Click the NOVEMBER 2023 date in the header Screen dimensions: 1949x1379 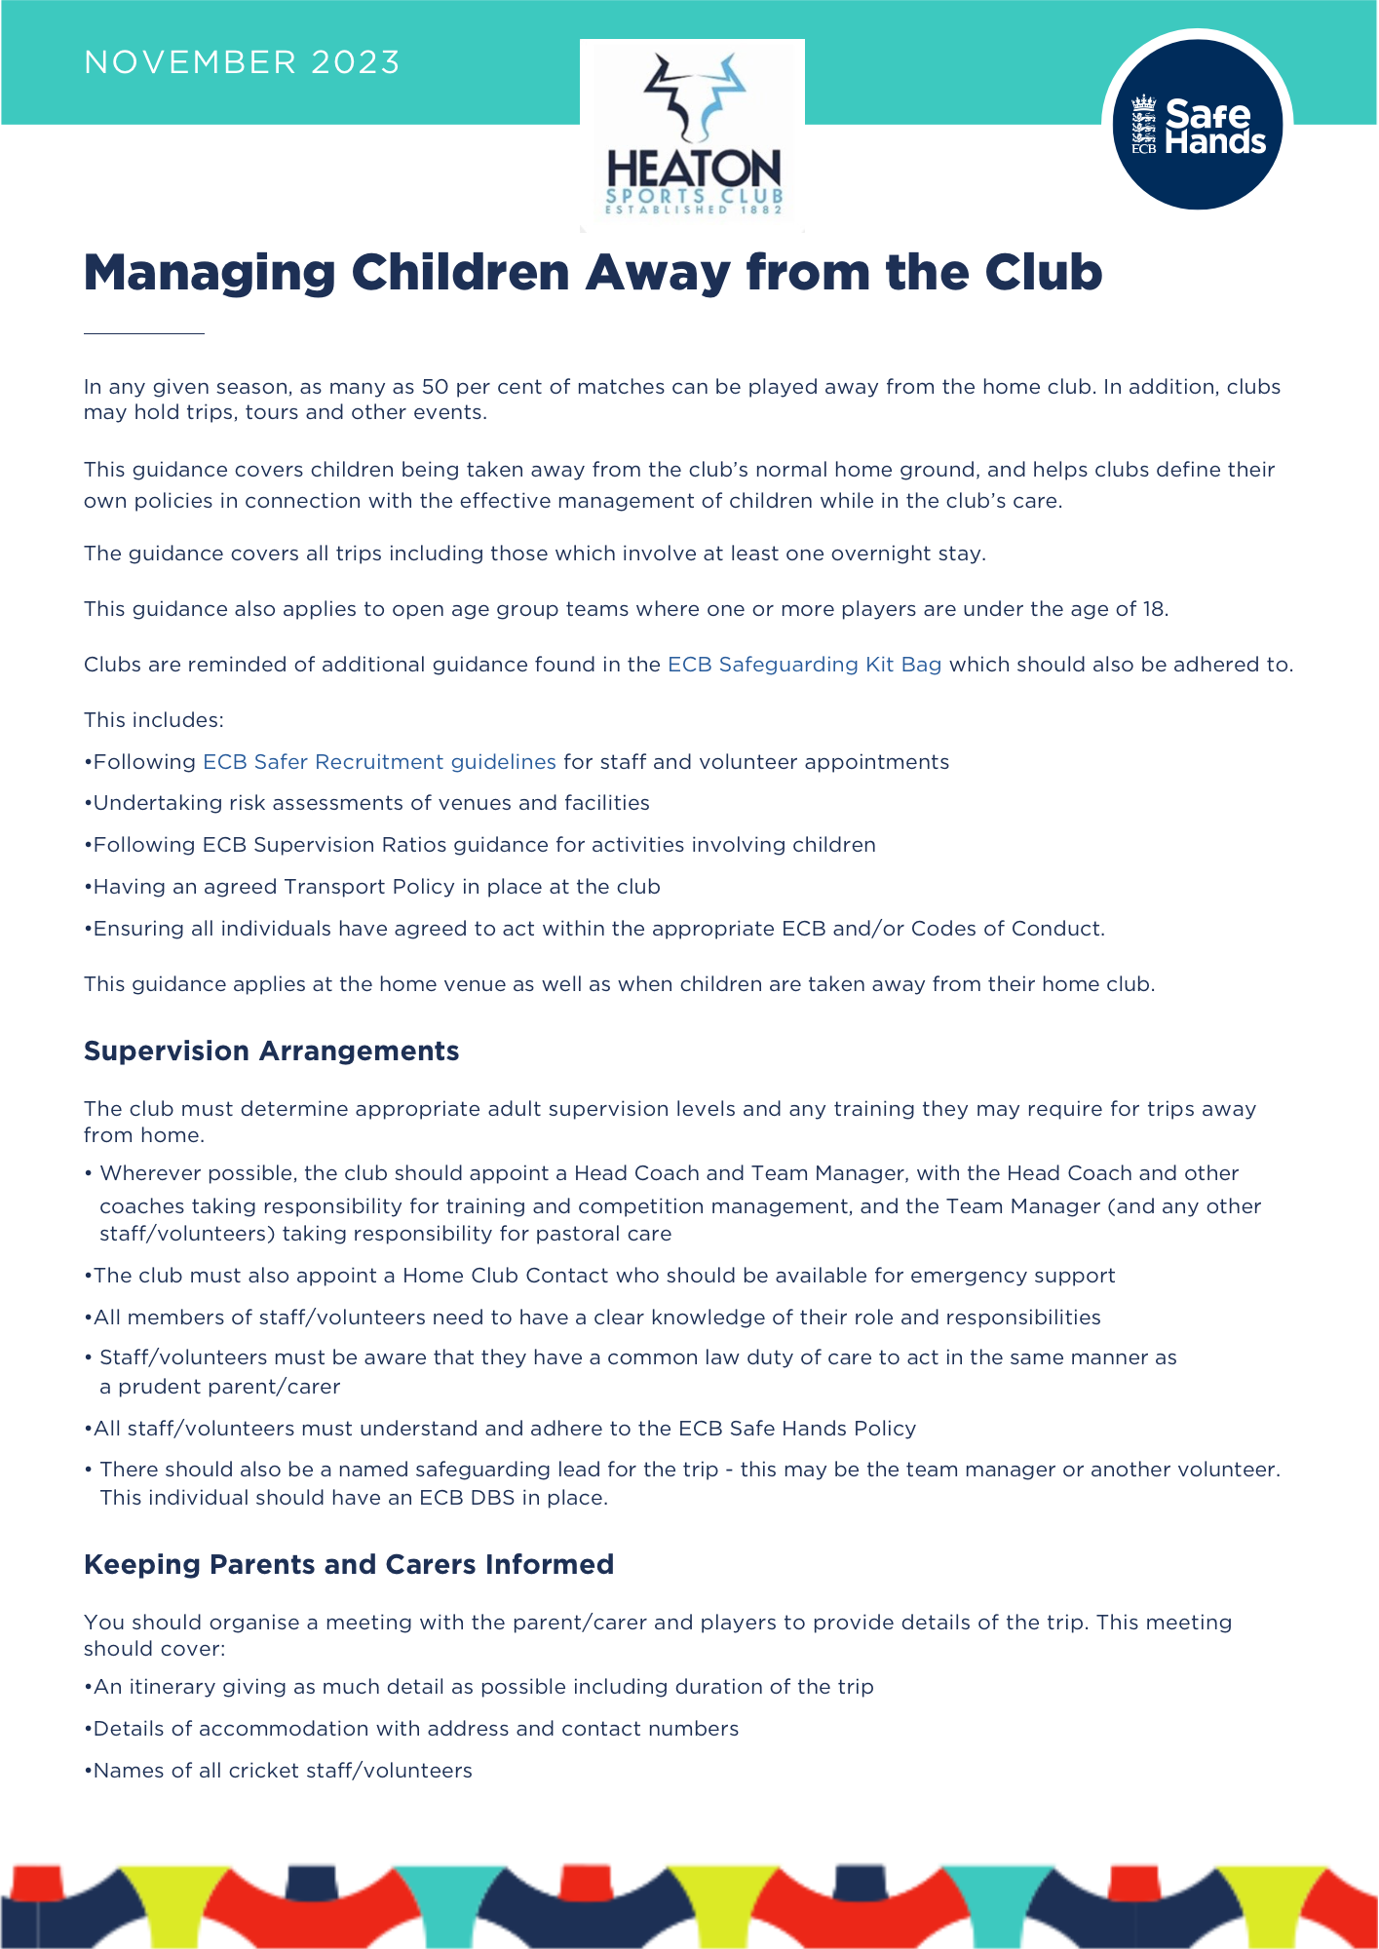coord(242,62)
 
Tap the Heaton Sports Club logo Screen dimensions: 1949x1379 coord(692,135)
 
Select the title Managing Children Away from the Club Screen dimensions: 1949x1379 coord(593,272)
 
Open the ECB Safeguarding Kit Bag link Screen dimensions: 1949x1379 coord(804,665)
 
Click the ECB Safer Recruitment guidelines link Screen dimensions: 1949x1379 coord(379,762)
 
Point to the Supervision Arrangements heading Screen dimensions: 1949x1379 coord(271,1051)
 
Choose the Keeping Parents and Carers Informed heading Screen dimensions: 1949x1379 coord(349,1564)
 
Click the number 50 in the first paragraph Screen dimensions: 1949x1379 coord(435,387)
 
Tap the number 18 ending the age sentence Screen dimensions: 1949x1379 coord(1154,609)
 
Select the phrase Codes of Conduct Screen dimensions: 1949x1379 coord(1006,929)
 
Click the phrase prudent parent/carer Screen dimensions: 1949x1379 coord(229,1387)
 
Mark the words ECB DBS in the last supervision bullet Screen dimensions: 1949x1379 coord(467,1498)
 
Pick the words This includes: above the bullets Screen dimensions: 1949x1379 coord(154,720)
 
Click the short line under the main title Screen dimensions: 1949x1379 coord(144,333)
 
